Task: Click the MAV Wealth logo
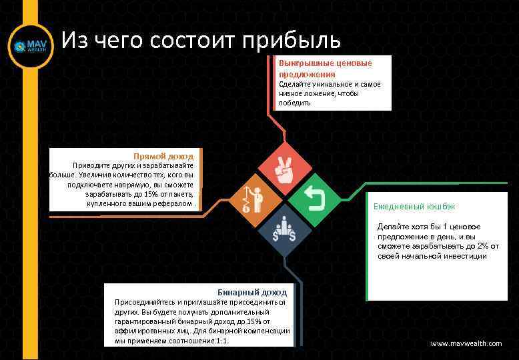(29, 47)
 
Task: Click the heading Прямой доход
(163, 156)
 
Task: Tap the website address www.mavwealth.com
(466, 343)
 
